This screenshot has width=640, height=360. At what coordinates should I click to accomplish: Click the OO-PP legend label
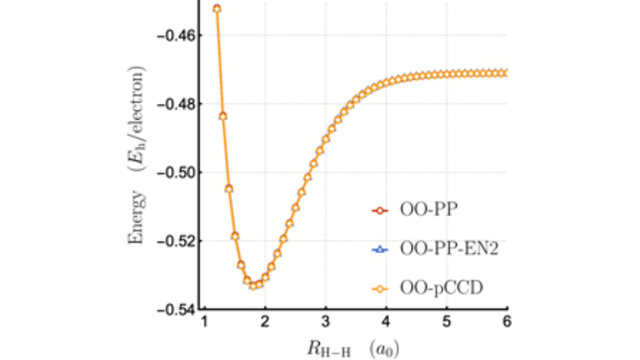(428, 210)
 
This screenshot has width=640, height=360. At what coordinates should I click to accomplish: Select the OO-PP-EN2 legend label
(449, 249)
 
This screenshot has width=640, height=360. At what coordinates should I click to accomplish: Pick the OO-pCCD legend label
(441, 288)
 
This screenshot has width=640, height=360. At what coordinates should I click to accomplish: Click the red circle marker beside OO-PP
(380, 211)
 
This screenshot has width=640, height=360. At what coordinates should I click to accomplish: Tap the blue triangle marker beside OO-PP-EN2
(380, 250)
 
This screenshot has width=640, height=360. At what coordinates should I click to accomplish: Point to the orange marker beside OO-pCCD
(380, 289)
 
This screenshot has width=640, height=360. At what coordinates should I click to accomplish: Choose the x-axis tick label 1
(204, 322)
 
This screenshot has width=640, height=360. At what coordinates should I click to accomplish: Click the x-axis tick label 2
(265, 322)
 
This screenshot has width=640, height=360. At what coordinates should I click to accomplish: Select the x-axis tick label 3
(325, 322)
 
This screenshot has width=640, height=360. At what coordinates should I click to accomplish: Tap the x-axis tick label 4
(386, 322)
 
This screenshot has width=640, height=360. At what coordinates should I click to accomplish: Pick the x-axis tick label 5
(447, 322)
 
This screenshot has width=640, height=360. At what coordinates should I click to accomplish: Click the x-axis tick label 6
(507, 322)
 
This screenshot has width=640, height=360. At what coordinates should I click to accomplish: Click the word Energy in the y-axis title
(136, 217)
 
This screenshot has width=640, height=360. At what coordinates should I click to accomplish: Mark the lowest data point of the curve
(253, 286)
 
